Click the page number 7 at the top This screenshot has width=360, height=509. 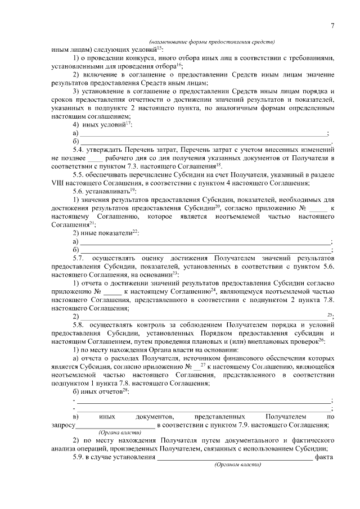332,25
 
